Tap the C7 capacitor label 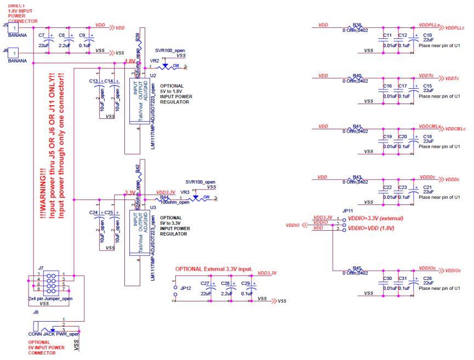pos(42,35)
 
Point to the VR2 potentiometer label pos(154,61)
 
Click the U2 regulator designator pos(153,75)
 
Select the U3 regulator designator pos(153,208)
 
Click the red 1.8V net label pos(129,61)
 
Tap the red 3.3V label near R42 pos(130,193)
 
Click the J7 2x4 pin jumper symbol pos(49,282)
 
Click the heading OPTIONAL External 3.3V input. pos(214,269)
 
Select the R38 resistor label pos(357,25)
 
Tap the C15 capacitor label pos(427,86)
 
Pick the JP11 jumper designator pos(346,210)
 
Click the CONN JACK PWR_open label pos(49,334)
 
